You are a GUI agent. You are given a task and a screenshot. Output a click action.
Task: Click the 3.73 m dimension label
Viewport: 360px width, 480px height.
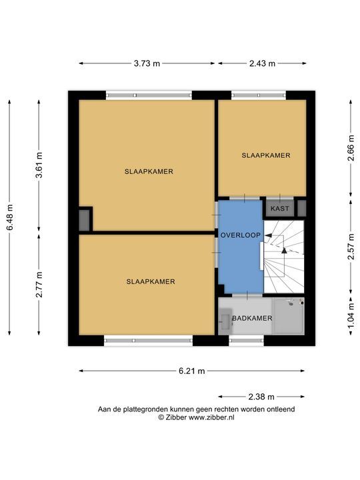coord(147,63)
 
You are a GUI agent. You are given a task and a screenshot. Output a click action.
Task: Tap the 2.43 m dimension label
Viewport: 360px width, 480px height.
coord(262,63)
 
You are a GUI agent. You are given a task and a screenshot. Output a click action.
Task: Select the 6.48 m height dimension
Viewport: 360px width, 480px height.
coord(10,217)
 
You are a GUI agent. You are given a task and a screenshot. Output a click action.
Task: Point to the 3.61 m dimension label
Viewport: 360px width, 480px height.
coord(39,165)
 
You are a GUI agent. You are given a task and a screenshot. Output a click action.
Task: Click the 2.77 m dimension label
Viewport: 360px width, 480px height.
coord(39,285)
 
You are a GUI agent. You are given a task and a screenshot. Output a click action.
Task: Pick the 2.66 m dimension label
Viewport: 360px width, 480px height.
coord(351,148)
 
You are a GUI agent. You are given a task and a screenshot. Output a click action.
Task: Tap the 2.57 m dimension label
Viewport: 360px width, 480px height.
coord(351,247)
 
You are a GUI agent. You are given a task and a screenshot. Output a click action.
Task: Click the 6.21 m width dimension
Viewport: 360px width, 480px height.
coord(191,371)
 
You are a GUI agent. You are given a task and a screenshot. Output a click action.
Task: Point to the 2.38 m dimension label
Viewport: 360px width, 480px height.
coord(261,397)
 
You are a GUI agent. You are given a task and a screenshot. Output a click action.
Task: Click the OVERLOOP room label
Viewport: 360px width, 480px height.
coord(241,235)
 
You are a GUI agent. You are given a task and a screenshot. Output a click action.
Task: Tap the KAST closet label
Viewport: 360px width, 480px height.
coord(280,209)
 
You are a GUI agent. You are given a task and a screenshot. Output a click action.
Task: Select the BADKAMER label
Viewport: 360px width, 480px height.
coord(252,319)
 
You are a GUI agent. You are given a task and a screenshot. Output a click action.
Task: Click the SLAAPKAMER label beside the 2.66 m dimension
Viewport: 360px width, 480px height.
coord(266,155)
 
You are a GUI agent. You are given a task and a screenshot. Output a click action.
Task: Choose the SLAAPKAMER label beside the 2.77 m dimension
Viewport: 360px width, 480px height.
coord(151,281)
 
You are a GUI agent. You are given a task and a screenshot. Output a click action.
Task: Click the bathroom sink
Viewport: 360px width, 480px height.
coord(226,319)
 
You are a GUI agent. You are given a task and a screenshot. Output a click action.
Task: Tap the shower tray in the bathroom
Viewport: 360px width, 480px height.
coord(289,316)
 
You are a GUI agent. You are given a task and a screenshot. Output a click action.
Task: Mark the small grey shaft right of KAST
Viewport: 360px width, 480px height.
coord(302,208)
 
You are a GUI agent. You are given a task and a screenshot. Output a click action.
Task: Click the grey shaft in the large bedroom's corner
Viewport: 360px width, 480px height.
coord(84,220)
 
